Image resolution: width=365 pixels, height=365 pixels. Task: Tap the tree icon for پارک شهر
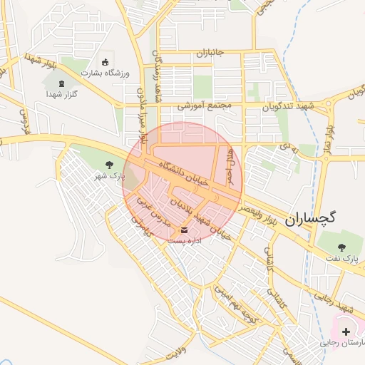point(109,165)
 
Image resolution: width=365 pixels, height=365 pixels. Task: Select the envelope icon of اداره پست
point(185,230)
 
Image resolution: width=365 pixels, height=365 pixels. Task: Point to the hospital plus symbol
point(346,331)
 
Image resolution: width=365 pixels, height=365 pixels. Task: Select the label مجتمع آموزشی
point(206,106)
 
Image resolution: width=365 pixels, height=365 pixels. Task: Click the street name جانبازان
point(210,54)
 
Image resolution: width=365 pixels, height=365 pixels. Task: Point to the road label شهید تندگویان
point(288,106)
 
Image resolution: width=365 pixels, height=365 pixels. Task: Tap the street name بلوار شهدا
point(40,63)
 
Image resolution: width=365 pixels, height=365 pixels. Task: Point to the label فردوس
point(22,122)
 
